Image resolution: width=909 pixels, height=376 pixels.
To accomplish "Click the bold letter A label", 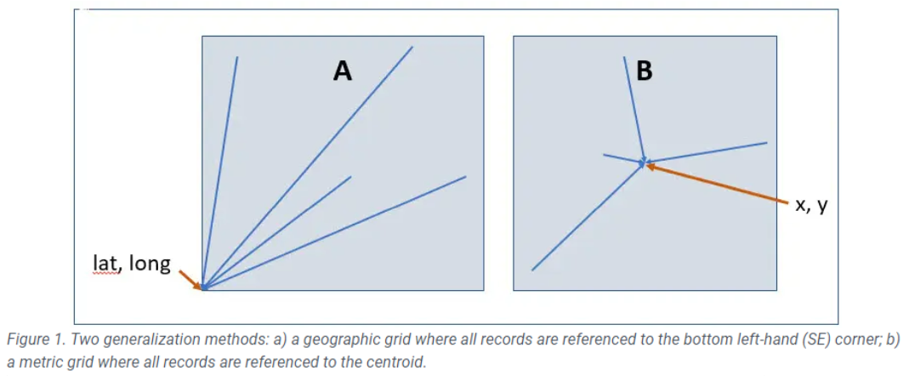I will pyautogui.click(x=342, y=71).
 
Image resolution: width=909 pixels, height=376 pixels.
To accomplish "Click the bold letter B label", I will pyautogui.click(x=644, y=71).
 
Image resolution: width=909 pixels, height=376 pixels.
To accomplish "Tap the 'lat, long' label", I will pyautogui.click(x=131, y=265).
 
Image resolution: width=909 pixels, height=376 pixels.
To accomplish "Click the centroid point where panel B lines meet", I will pyautogui.click(x=645, y=162).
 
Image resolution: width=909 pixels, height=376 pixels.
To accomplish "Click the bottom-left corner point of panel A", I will pyautogui.click(x=203, y=289).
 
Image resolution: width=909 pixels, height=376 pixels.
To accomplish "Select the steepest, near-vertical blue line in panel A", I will pyautogui.click(x=221, y=170).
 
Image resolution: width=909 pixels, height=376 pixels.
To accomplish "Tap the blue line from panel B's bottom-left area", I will pyautogui.click(x=587, y=217).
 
